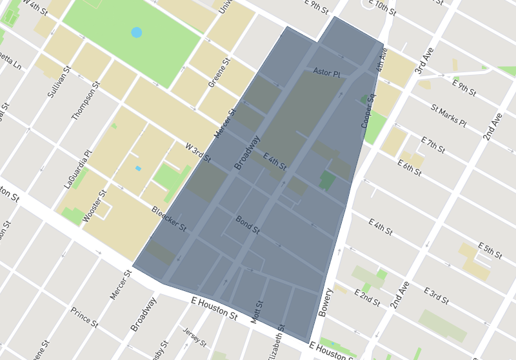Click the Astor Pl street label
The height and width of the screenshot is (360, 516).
[326, 73]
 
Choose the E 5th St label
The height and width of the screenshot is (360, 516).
[490, 251]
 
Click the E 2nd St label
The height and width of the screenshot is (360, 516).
[368, 298]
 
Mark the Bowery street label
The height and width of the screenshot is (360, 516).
[326, 303]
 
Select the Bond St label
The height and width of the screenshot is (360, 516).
[247, 225]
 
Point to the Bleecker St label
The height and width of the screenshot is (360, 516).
[168, 219]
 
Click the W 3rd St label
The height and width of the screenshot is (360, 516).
[198, 154]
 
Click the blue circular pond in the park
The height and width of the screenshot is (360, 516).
[137, 32]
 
